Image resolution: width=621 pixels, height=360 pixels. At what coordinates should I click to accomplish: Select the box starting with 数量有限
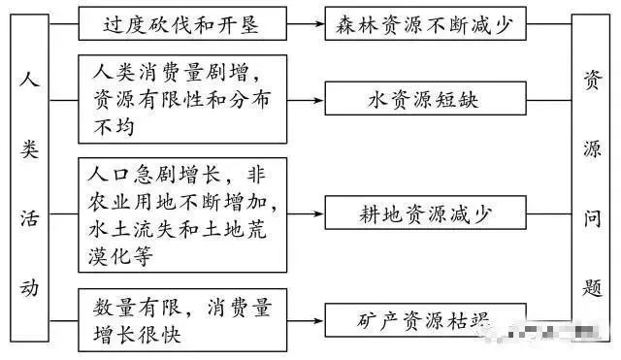(181, 319)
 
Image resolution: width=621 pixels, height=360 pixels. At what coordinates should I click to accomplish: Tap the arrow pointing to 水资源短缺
(307, 99)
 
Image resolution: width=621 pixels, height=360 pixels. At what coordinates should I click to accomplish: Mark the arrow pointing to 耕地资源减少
(307, 213)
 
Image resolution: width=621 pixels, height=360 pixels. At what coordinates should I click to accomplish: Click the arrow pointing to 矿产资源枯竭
(307, 319)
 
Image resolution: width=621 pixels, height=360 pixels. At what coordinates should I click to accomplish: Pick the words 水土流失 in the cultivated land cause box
(128, 234)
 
